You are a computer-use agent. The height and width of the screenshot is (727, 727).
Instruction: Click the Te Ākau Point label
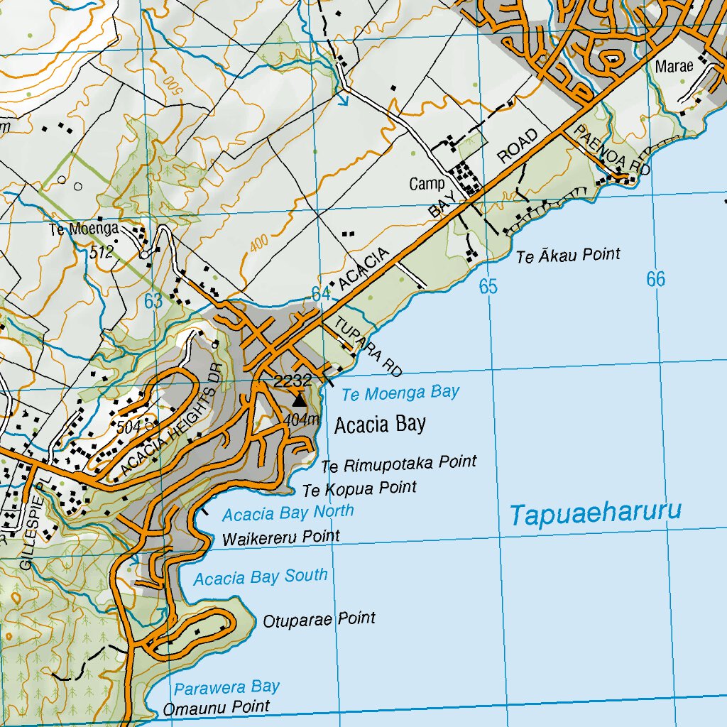tap(568, 255)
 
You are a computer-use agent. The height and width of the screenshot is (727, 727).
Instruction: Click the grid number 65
tap(488, 287)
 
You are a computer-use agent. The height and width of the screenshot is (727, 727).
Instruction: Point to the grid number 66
tap(655, 280)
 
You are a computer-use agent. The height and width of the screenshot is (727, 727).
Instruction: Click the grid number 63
tap(153, 301)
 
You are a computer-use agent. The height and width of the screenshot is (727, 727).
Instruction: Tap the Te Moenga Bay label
tap(400, 393)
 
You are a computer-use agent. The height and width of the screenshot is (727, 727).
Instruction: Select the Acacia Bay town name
tap(380, 425)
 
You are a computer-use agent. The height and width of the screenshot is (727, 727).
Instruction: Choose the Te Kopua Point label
tap(359, 489)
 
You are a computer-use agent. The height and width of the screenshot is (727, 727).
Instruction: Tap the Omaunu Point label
tap(217, 707)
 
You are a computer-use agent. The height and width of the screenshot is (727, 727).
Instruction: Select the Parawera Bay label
tap(227, 687)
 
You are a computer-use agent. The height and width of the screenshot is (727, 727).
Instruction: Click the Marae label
tap(671, 67)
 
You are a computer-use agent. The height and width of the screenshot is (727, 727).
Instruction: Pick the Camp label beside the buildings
tap(427, 185)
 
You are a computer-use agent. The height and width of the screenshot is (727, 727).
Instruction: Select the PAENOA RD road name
tap(612, 151)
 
